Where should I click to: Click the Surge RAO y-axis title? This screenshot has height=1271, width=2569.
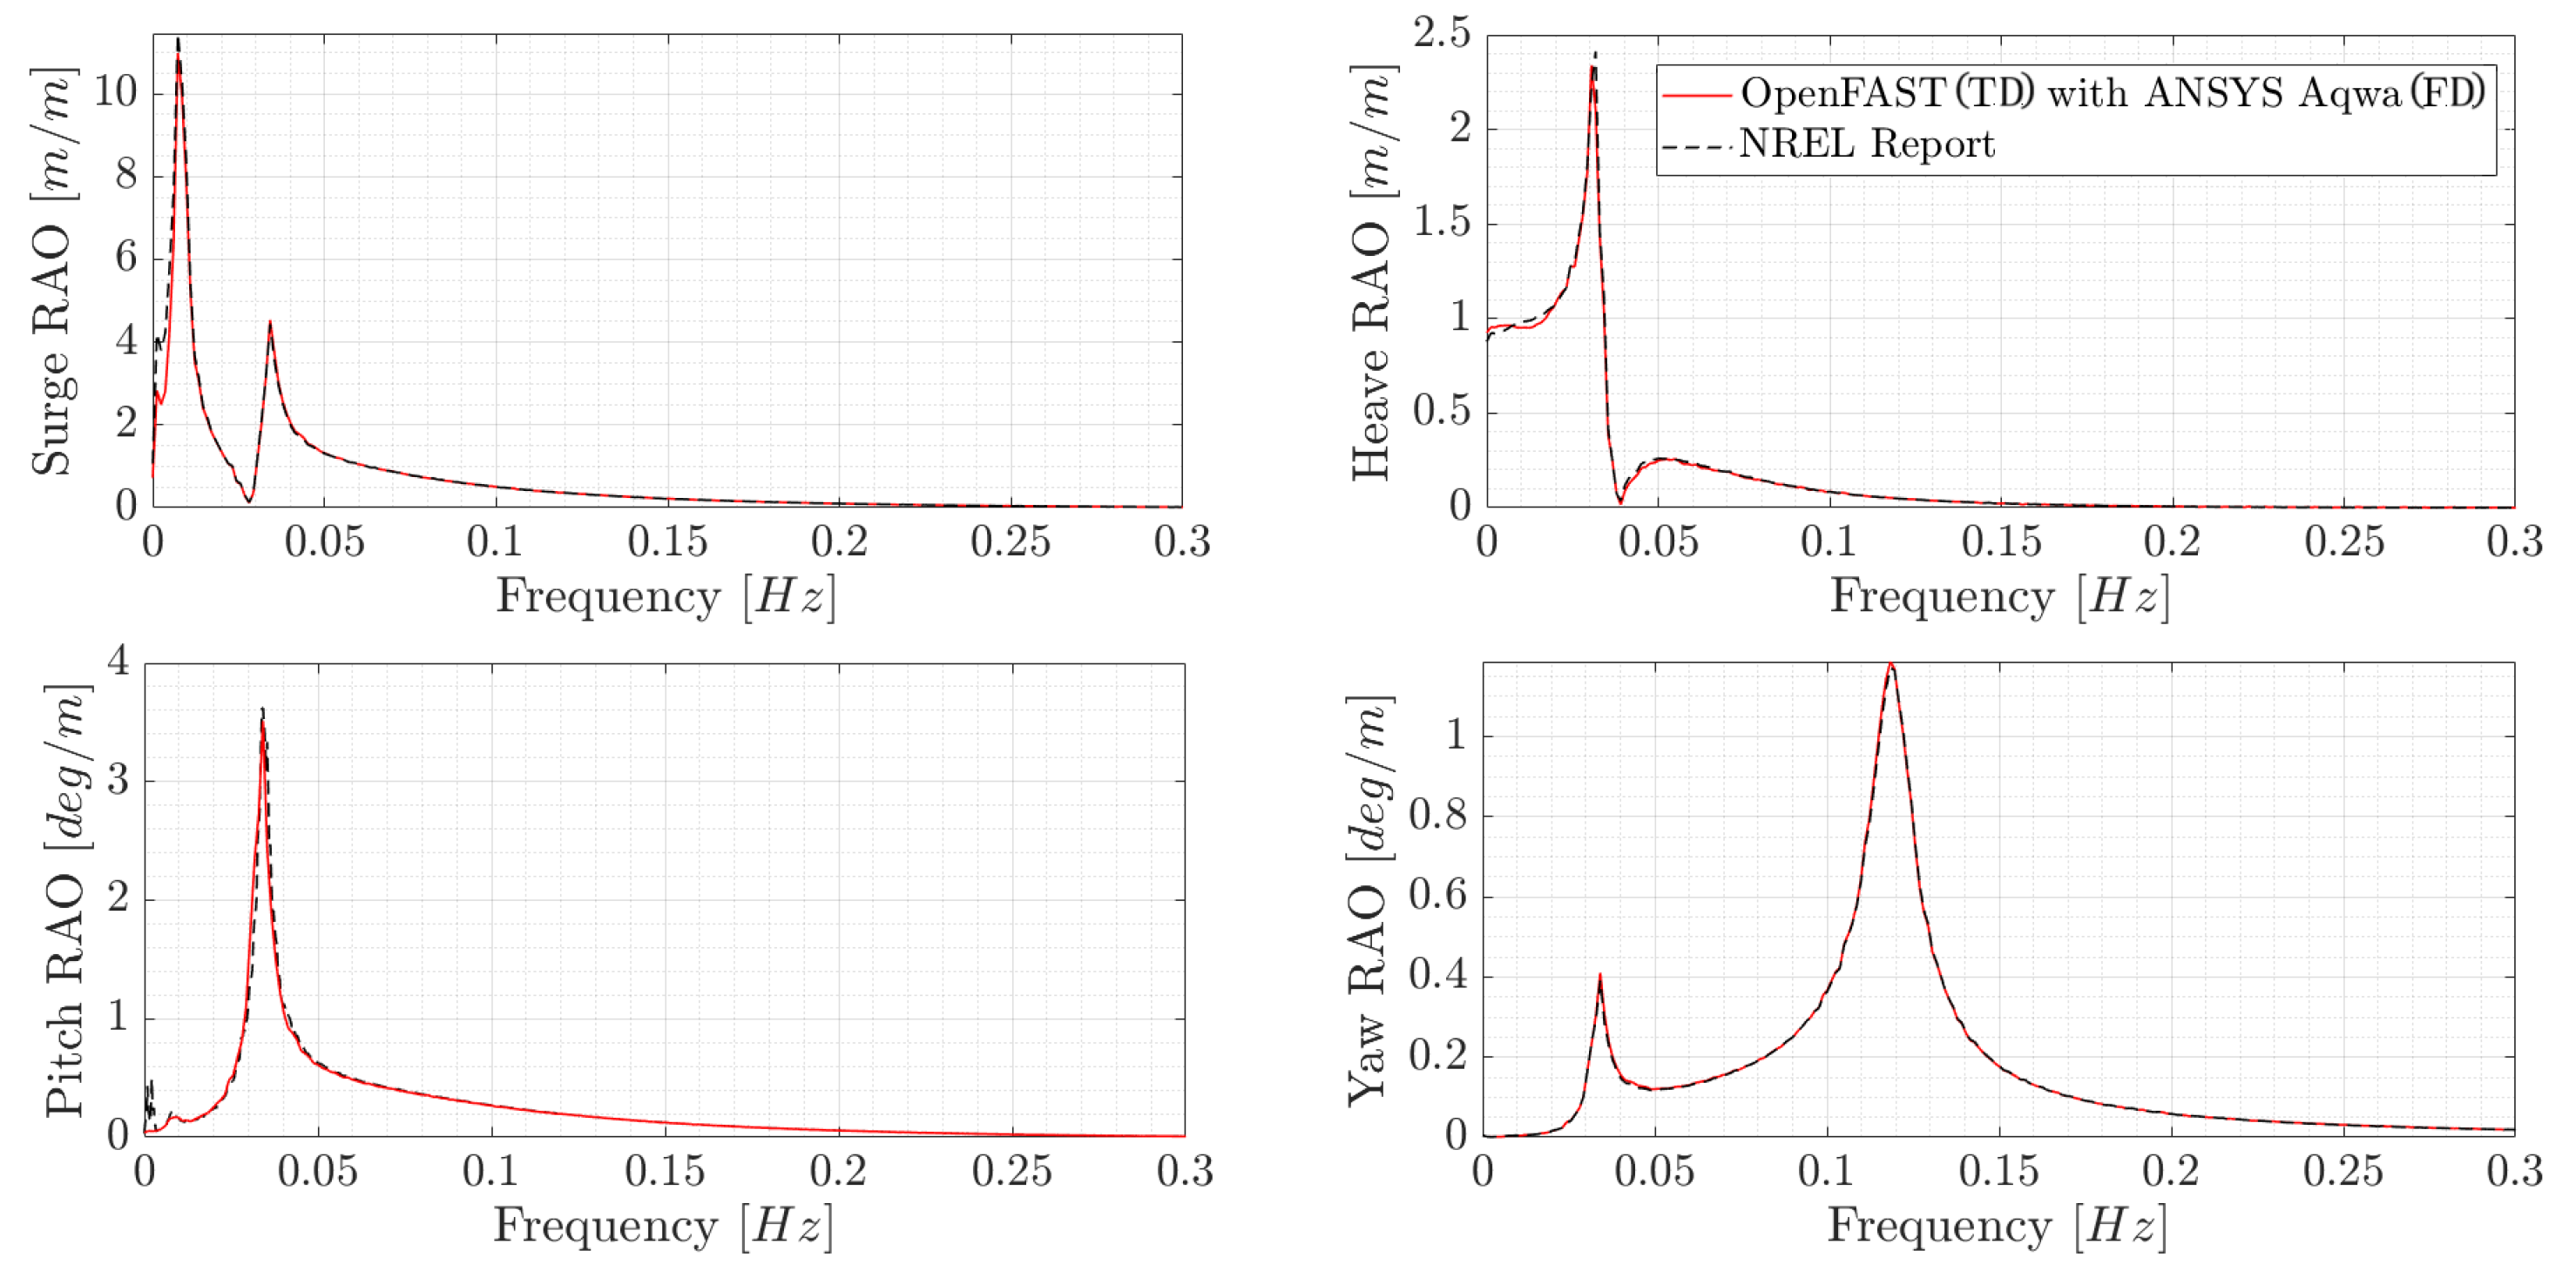(x=52, y=271)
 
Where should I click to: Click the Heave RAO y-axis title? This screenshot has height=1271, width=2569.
(x=1372, y=271)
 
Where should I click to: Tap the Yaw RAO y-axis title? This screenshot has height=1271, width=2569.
(x=1369, y=899)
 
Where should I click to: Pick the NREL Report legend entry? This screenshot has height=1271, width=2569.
(x=1866, y=145)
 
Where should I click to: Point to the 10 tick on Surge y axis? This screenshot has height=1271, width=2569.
(x=115, y=91)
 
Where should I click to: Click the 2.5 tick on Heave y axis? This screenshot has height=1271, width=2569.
(x=1442, y=33)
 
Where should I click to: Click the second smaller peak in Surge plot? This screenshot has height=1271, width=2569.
(x=270, y=323)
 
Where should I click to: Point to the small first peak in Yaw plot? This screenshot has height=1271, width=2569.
(x=1599, y=976)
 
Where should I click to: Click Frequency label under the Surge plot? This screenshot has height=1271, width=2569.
(x=666, y=597)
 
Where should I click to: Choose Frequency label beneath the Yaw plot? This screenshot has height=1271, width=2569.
(x=1998, y=1226)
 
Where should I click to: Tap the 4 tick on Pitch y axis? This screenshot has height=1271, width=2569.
(x=118, y=661)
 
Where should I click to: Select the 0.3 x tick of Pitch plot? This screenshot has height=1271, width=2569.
(x=1185, y=1171)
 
